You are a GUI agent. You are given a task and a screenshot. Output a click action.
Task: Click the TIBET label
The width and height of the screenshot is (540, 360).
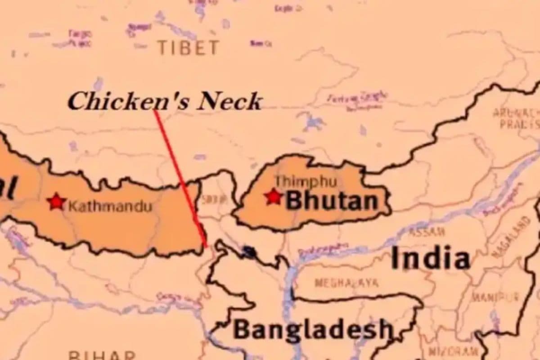(189, 47)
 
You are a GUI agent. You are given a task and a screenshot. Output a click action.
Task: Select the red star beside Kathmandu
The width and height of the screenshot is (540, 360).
(56, 202)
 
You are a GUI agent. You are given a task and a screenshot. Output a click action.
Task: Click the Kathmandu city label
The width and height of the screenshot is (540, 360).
(110, 207)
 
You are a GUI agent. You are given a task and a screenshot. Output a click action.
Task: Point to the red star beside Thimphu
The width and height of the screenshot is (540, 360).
(273, 197)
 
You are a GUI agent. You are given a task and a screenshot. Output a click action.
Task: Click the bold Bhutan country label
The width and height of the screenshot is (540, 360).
(332, 201)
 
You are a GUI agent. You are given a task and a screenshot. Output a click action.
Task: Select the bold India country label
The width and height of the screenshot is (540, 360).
(431, 259)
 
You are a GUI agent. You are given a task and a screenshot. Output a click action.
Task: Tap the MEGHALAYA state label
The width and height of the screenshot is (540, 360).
(346, 283)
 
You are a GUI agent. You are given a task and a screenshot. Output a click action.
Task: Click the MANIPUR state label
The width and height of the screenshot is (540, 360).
(495, 297)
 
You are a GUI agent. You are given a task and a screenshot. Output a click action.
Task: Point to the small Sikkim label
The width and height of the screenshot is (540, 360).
(209, 200)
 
